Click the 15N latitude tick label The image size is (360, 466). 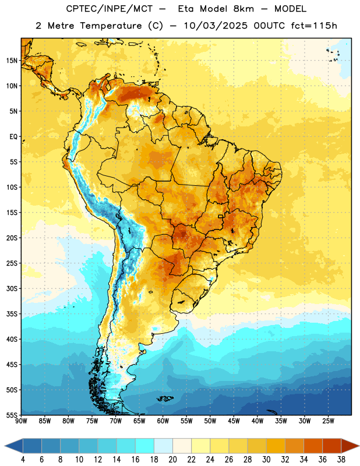[12, 61]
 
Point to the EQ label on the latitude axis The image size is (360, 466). [13, 137]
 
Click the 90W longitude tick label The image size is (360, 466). [21, 421]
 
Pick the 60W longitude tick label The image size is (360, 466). [163, 421]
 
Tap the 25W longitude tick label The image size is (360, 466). [328, 421]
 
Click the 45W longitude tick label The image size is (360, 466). [234, 421]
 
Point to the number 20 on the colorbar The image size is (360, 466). [172, 460]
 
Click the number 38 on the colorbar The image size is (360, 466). [341, 460]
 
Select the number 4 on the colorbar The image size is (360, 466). [23, 460]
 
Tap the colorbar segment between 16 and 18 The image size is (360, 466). [145, 446]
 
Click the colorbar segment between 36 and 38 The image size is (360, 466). [332, 446]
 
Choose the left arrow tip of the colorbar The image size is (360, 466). [5, 446]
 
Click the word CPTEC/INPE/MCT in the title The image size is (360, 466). [109, 9]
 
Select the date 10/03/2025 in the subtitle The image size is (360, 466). [215, 26]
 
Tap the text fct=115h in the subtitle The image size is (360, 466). [313, 26]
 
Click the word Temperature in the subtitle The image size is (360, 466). [111, 26]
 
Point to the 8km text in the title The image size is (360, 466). [243, 9]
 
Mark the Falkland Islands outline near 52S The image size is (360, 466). [165, 398]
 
